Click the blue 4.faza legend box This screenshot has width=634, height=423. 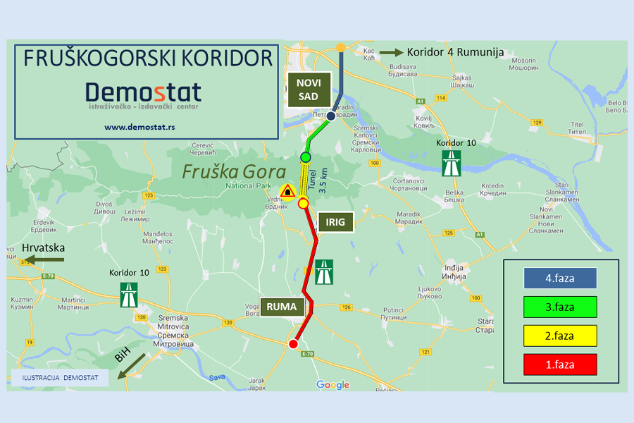560,278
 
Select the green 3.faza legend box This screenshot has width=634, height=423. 560,307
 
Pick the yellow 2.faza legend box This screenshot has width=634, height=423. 560,336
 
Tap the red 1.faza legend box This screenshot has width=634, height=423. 560,364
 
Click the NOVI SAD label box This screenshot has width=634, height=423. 307,90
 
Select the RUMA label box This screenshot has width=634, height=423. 285,307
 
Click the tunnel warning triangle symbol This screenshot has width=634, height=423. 287,192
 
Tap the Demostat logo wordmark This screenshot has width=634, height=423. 143,92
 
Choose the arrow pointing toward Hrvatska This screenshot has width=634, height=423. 44,260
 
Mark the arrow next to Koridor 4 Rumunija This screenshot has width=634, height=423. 390,52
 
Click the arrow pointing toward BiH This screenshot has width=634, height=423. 134,364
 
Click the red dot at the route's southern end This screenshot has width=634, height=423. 293,344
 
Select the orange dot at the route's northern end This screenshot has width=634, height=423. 340,47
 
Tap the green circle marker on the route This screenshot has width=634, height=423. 306,157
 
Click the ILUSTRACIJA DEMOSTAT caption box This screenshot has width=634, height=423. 60,378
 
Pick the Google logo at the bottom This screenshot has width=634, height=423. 332,385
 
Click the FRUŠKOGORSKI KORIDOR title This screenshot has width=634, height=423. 147,59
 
